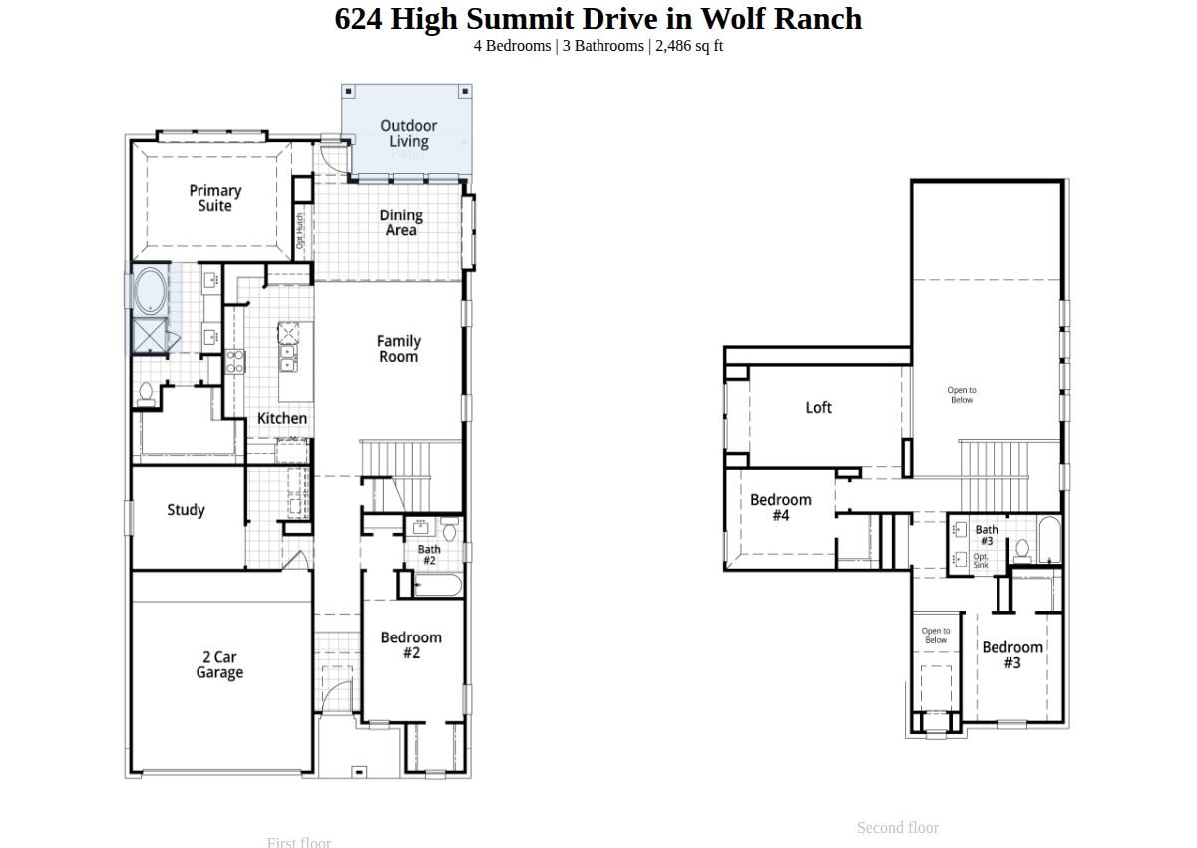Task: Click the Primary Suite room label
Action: [215, 198]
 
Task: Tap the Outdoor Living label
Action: [408, 133]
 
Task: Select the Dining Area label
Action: [401, 222]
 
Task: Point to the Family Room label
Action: [398, 348]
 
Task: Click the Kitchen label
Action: [282, 418]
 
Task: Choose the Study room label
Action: [186, 510]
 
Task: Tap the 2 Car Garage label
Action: [219, 664]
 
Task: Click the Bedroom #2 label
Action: [411, 644]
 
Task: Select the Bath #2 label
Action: [429, 555]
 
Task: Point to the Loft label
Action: [818, 407]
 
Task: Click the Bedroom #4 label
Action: [781, 507]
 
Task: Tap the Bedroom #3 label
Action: [1012, 654]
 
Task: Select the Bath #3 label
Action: [987, 535]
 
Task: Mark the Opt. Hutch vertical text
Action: [299, 231]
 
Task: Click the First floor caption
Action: [299, 842]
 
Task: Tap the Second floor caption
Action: [898, 827]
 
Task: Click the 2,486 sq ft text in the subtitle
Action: [689, 46]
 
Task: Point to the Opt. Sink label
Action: [981, 561]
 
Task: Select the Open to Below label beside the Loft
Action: [962, 395]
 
